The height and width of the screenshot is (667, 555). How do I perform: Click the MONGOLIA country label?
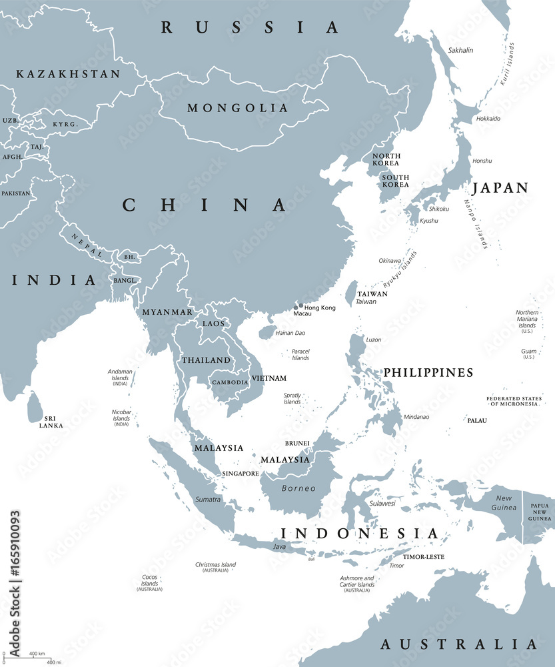coord(238,108)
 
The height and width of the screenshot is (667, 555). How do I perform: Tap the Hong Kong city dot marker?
coord(300,306)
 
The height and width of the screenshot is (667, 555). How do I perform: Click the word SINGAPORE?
coord(240,474)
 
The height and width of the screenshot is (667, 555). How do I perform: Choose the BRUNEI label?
coord(296,443)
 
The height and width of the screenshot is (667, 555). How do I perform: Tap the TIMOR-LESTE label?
coord(423,556)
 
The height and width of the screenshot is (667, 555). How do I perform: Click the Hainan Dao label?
coord(290,332)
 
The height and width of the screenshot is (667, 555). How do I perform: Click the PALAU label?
coord(476,420)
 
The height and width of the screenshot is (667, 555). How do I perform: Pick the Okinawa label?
coord(390,261)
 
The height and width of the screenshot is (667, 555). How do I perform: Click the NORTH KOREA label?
coord(386,159)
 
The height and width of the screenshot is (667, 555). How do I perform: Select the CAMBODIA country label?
coord(230,382)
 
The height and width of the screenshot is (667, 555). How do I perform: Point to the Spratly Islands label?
coord(292,398)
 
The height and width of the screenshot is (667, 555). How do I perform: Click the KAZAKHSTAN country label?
coord(69,74)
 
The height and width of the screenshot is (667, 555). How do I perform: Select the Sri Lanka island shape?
coord(34,407)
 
